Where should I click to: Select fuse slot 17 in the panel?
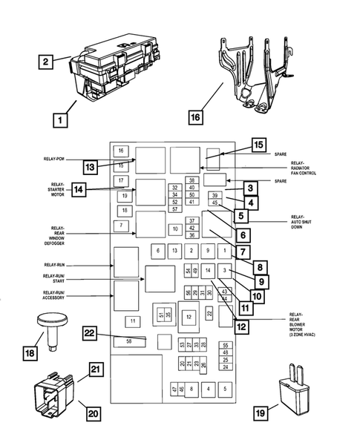(120, 181)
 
